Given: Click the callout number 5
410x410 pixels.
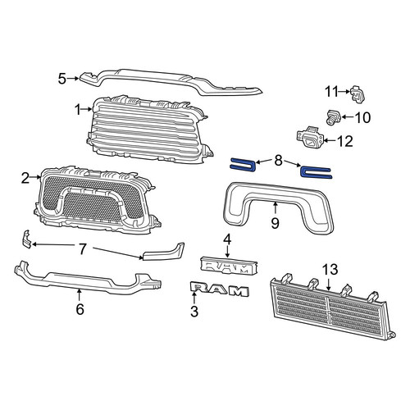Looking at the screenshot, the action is coord(62,79).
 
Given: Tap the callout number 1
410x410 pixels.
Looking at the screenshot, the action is coord(78,110).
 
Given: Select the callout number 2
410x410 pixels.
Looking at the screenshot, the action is coord(25,178).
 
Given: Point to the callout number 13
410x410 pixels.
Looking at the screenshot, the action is coord(330,270).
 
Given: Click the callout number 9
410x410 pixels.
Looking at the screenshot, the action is coord(275,223).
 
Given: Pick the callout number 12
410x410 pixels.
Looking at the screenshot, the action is coord(345,141).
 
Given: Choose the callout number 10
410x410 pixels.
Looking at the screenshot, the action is coord(362,117).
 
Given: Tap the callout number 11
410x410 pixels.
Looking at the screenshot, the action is coord(332,92).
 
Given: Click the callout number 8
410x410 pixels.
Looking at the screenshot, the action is coord(278,161).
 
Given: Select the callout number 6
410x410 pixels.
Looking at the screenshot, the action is coord(80,309).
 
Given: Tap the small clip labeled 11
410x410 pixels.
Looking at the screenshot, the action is coord(357,94).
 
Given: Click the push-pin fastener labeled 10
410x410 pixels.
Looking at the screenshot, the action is coord(334,116).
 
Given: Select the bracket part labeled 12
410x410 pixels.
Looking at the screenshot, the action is coord(310,138).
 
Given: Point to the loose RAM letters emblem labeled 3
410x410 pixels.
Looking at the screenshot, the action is coord(220,289).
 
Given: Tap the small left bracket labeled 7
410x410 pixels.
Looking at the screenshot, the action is coord(26,239).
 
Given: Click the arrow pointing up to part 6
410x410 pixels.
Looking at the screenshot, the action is coord(79,295).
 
